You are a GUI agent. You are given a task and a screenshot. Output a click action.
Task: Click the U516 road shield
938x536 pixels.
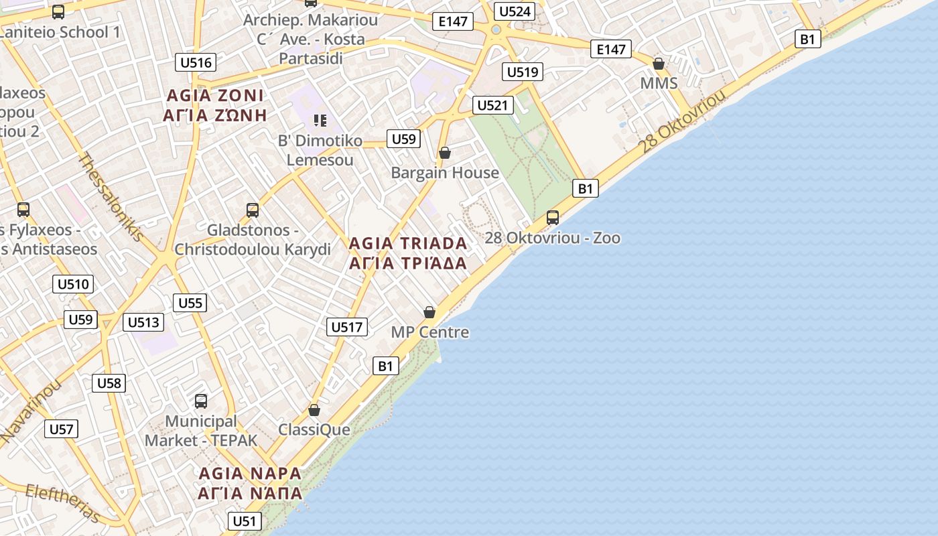click(196, 63)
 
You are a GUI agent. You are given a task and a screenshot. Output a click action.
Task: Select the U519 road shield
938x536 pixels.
click(523, 72)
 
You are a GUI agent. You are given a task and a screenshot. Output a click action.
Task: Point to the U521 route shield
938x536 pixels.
click(494, 105)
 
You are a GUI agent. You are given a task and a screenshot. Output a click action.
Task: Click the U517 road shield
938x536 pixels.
click(347, 327)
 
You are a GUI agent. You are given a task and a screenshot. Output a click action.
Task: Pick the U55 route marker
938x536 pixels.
click(190, 303)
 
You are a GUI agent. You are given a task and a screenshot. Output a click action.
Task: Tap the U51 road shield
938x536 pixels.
click(244, 521)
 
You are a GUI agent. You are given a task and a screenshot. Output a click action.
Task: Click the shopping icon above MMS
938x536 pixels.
click(659, 64)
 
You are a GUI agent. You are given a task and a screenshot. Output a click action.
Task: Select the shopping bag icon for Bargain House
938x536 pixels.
click(444, 153)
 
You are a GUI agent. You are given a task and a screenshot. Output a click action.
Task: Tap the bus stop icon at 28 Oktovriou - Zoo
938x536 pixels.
click(553, 218)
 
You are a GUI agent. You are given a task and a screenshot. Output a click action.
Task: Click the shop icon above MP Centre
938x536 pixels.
click(429, 312)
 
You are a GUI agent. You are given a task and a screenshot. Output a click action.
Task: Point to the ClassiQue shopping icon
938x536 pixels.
click(314, 410)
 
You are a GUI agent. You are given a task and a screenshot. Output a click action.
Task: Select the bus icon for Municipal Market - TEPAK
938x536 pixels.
click(201, 401)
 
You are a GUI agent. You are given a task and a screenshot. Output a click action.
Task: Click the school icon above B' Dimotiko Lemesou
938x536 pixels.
click(320, 121)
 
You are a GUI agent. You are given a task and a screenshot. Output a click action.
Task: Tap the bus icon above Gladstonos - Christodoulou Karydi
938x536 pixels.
click(253, 210)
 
